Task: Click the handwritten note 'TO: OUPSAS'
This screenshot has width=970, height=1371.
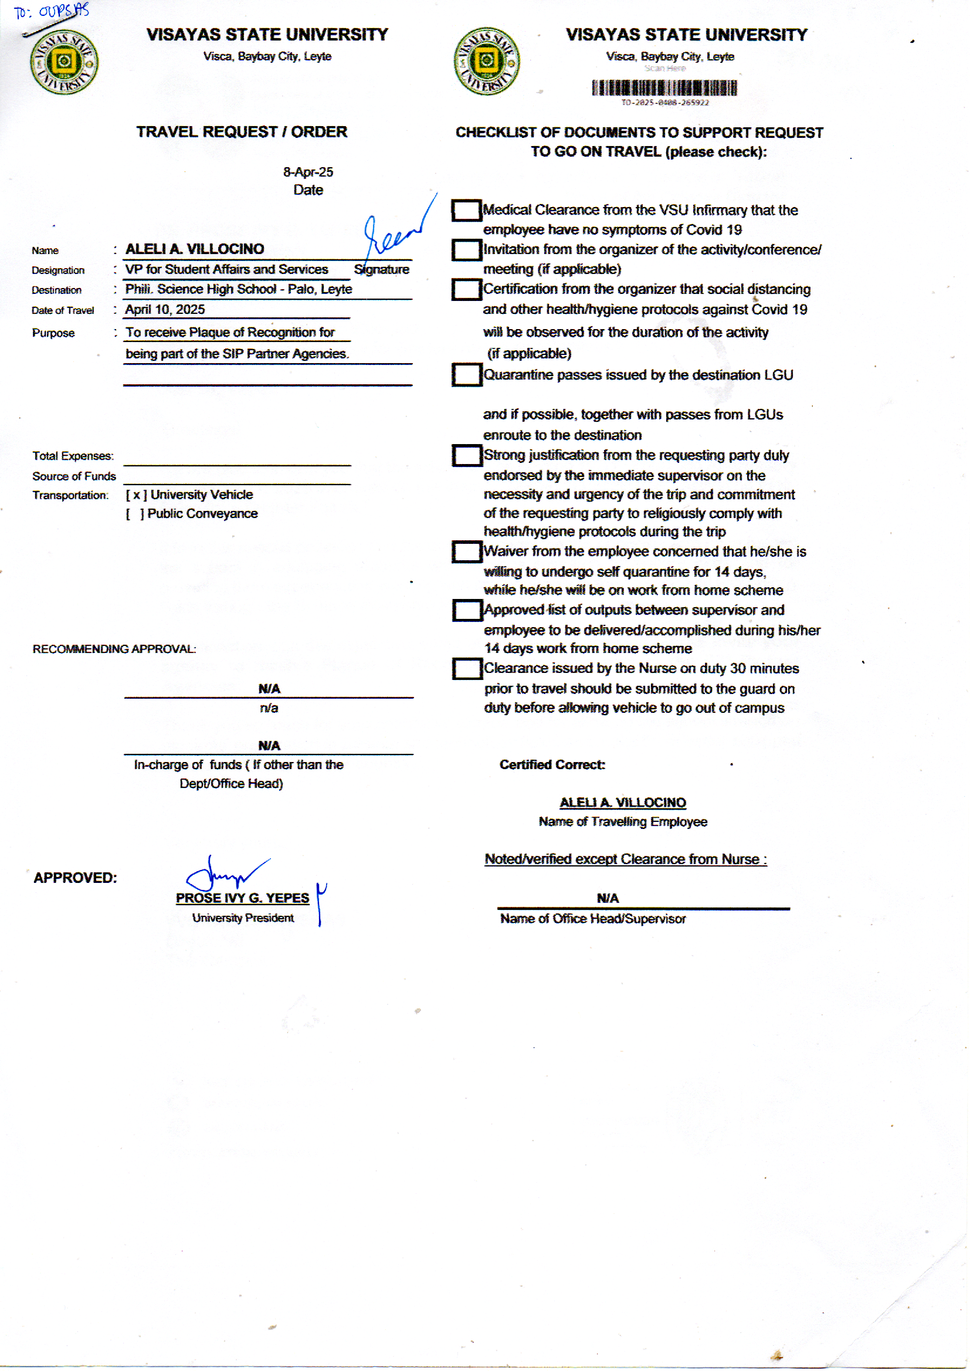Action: pyautogui.click(x=52, y=11)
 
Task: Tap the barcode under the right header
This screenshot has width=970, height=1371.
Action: pyautogui.click(x=664, y=89)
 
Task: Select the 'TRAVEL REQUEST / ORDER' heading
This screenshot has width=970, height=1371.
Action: pyautogui.click(x=241, y=132)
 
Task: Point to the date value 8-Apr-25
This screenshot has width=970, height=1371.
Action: pyautogui.click(x=308, y=172)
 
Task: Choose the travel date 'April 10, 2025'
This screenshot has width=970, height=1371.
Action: pyautogui.click(x=165, y=309)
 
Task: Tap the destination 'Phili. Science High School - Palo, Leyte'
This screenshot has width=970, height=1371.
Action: pyautogui.click(x=238, y=289)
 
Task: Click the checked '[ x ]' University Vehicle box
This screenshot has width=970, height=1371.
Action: pyautogui.click(x=136, y=495)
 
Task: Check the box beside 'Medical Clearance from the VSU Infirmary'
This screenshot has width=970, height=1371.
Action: pyautogui.click(x=466, y=210)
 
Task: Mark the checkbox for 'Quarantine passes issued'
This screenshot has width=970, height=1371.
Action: pyautogui.click(x=466, y=375)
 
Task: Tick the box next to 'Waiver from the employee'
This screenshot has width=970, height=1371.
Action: pyautogui.click(x=466, y=551)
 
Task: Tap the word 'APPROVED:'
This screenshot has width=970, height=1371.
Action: pyautogui.click(x=75, y=878)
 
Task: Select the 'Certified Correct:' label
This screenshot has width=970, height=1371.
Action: pyautogui.click(x=552, y=764)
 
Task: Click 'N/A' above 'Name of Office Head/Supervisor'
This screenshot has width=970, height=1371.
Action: pyautogui.click(x=608, y=898)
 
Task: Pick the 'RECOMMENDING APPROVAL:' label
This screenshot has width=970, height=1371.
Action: pyautogui.click(x=114, y=649)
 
